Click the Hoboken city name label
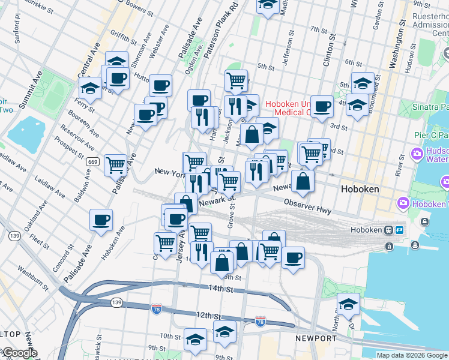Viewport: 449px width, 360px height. coord(360,188)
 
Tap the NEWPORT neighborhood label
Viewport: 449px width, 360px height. coord(316,338)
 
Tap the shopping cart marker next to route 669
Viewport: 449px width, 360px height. coord(115,164)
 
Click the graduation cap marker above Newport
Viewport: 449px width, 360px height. coord(348,303)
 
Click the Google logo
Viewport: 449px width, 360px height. coord(19,353)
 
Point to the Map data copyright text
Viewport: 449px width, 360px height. coord(412,355)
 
